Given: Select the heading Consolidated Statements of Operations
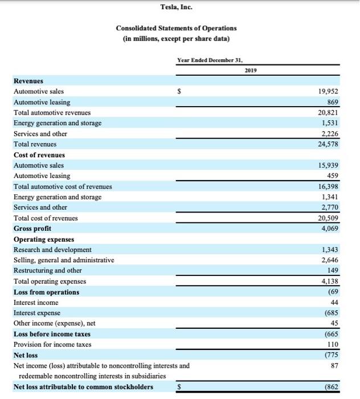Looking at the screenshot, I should click(x=176, y=28).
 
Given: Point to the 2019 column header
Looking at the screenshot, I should click(x=251, y=71).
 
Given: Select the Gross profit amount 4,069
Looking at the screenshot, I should click(x=330, y=229).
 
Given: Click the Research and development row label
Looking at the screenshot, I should click(x=52, y=250).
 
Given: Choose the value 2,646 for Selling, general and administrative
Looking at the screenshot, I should click(x=330, y=260).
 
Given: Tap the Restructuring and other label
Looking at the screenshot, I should click(x=48, y=271).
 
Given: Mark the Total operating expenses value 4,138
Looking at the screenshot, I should click(x=330, y=282).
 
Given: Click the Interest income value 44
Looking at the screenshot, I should click(x=334, y=303).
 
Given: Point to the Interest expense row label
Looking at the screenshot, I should click(x=38, y=313).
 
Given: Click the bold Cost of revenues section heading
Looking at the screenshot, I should click(x=39, y=155).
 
